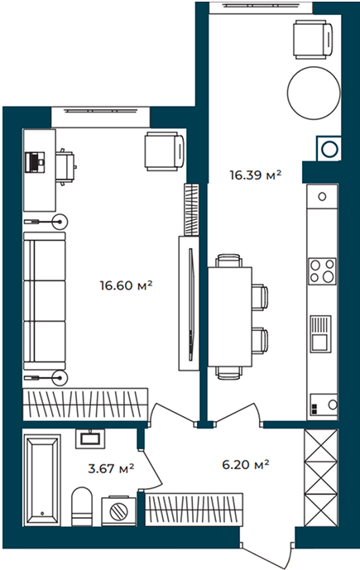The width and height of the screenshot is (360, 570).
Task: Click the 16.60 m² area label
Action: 126,285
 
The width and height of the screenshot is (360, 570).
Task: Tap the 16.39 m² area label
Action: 255,175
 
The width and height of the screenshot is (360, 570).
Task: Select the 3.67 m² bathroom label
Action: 111,468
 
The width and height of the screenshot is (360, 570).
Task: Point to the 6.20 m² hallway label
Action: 246,464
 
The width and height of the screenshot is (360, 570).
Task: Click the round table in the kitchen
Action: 314,93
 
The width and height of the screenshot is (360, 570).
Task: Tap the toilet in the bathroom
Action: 82,506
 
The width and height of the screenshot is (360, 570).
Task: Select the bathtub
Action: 42,477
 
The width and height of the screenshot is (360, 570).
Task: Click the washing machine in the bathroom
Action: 118,510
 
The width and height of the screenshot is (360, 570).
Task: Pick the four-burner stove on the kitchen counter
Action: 322,271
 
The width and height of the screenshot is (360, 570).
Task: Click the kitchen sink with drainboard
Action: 320,333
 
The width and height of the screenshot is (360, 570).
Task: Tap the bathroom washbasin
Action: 90,438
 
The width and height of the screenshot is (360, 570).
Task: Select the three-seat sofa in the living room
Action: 45,301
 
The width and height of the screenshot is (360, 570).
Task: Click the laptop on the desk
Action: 35,162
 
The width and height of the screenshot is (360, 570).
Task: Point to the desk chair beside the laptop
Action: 65,167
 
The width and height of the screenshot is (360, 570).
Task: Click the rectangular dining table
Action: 230,317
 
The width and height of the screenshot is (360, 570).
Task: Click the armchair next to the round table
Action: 313,39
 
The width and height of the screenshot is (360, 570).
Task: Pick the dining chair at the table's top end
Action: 228,261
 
